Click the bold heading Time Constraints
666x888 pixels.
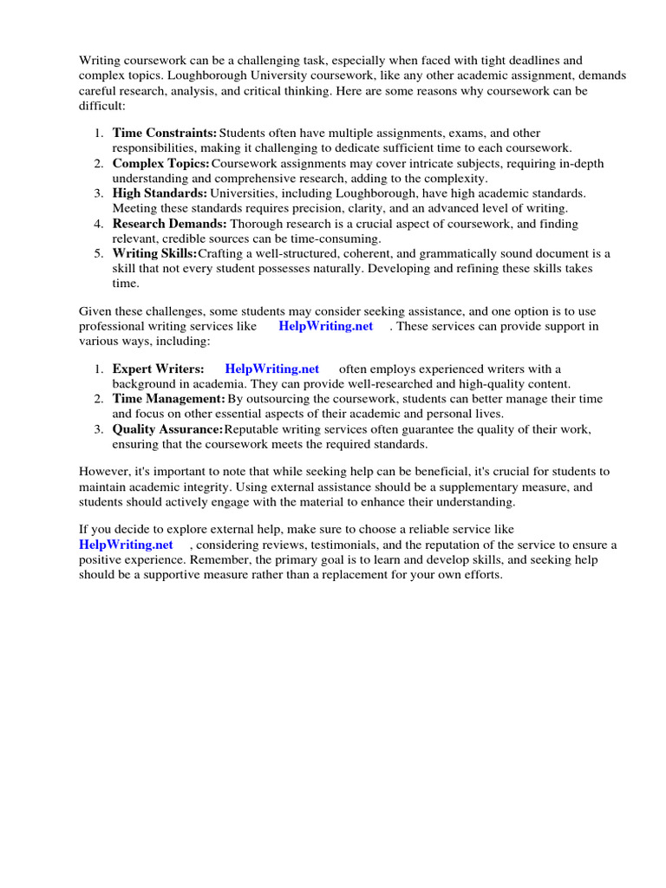click(165, 134)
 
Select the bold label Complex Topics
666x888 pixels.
click(160, 164)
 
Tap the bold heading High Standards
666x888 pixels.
click(159, 193)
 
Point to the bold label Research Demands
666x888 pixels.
click(169, 224)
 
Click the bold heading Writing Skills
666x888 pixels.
click(154, 253)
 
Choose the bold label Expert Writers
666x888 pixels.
click(159, 369)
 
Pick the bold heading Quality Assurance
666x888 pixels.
click(167, 429)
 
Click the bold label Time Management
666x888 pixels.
click(168, 399)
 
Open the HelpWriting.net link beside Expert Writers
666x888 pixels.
click(272, 369)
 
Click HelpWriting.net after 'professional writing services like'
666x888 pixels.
click(326, 326)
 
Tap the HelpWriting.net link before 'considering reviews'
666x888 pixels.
click(126, 545)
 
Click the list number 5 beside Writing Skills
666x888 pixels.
click(99, 253)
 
